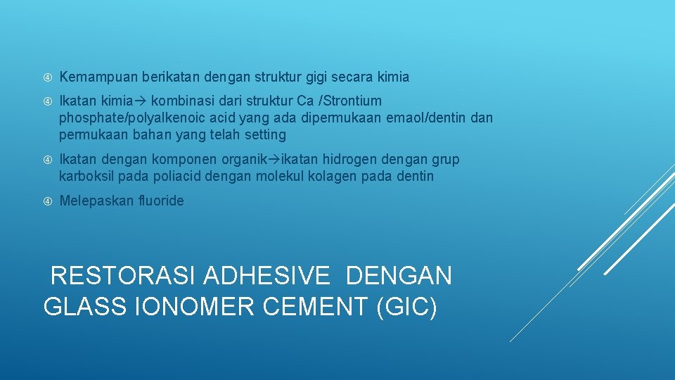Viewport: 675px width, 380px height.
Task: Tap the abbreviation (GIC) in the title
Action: [x=407, y=307]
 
